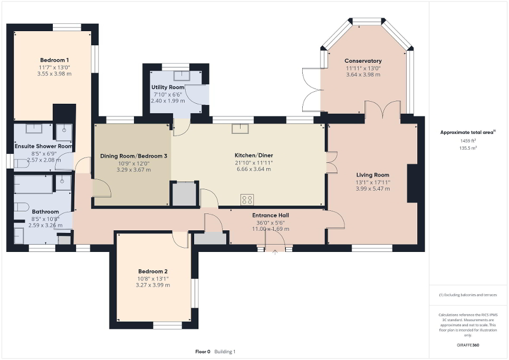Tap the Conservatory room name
click(x=363, y=61)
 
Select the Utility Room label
click(x=168, y=87)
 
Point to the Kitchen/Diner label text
click(x=253, y=155)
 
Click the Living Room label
click(x=372, y=175)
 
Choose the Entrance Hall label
click(x=270, y=215)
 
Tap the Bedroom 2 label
click(x=152, y=271)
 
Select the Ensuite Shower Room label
click(x=43, y=146)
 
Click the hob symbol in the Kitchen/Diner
click(x=246, y=199)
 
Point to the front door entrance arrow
click(x=275, y=252)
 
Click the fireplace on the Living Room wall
click(x=412, y=183)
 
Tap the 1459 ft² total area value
click(x=468, y=141)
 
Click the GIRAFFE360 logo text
click(x=468, y=345)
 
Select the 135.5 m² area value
click(x=468, y=148)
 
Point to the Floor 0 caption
click(x=203, y=352)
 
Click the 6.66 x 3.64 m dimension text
click(x=253, y=169)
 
